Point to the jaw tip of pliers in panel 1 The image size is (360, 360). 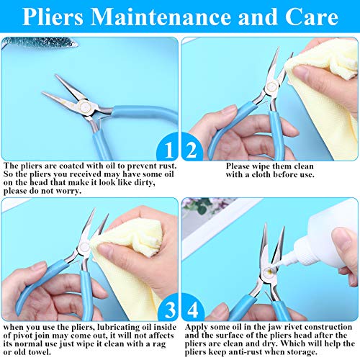point(45,94)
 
